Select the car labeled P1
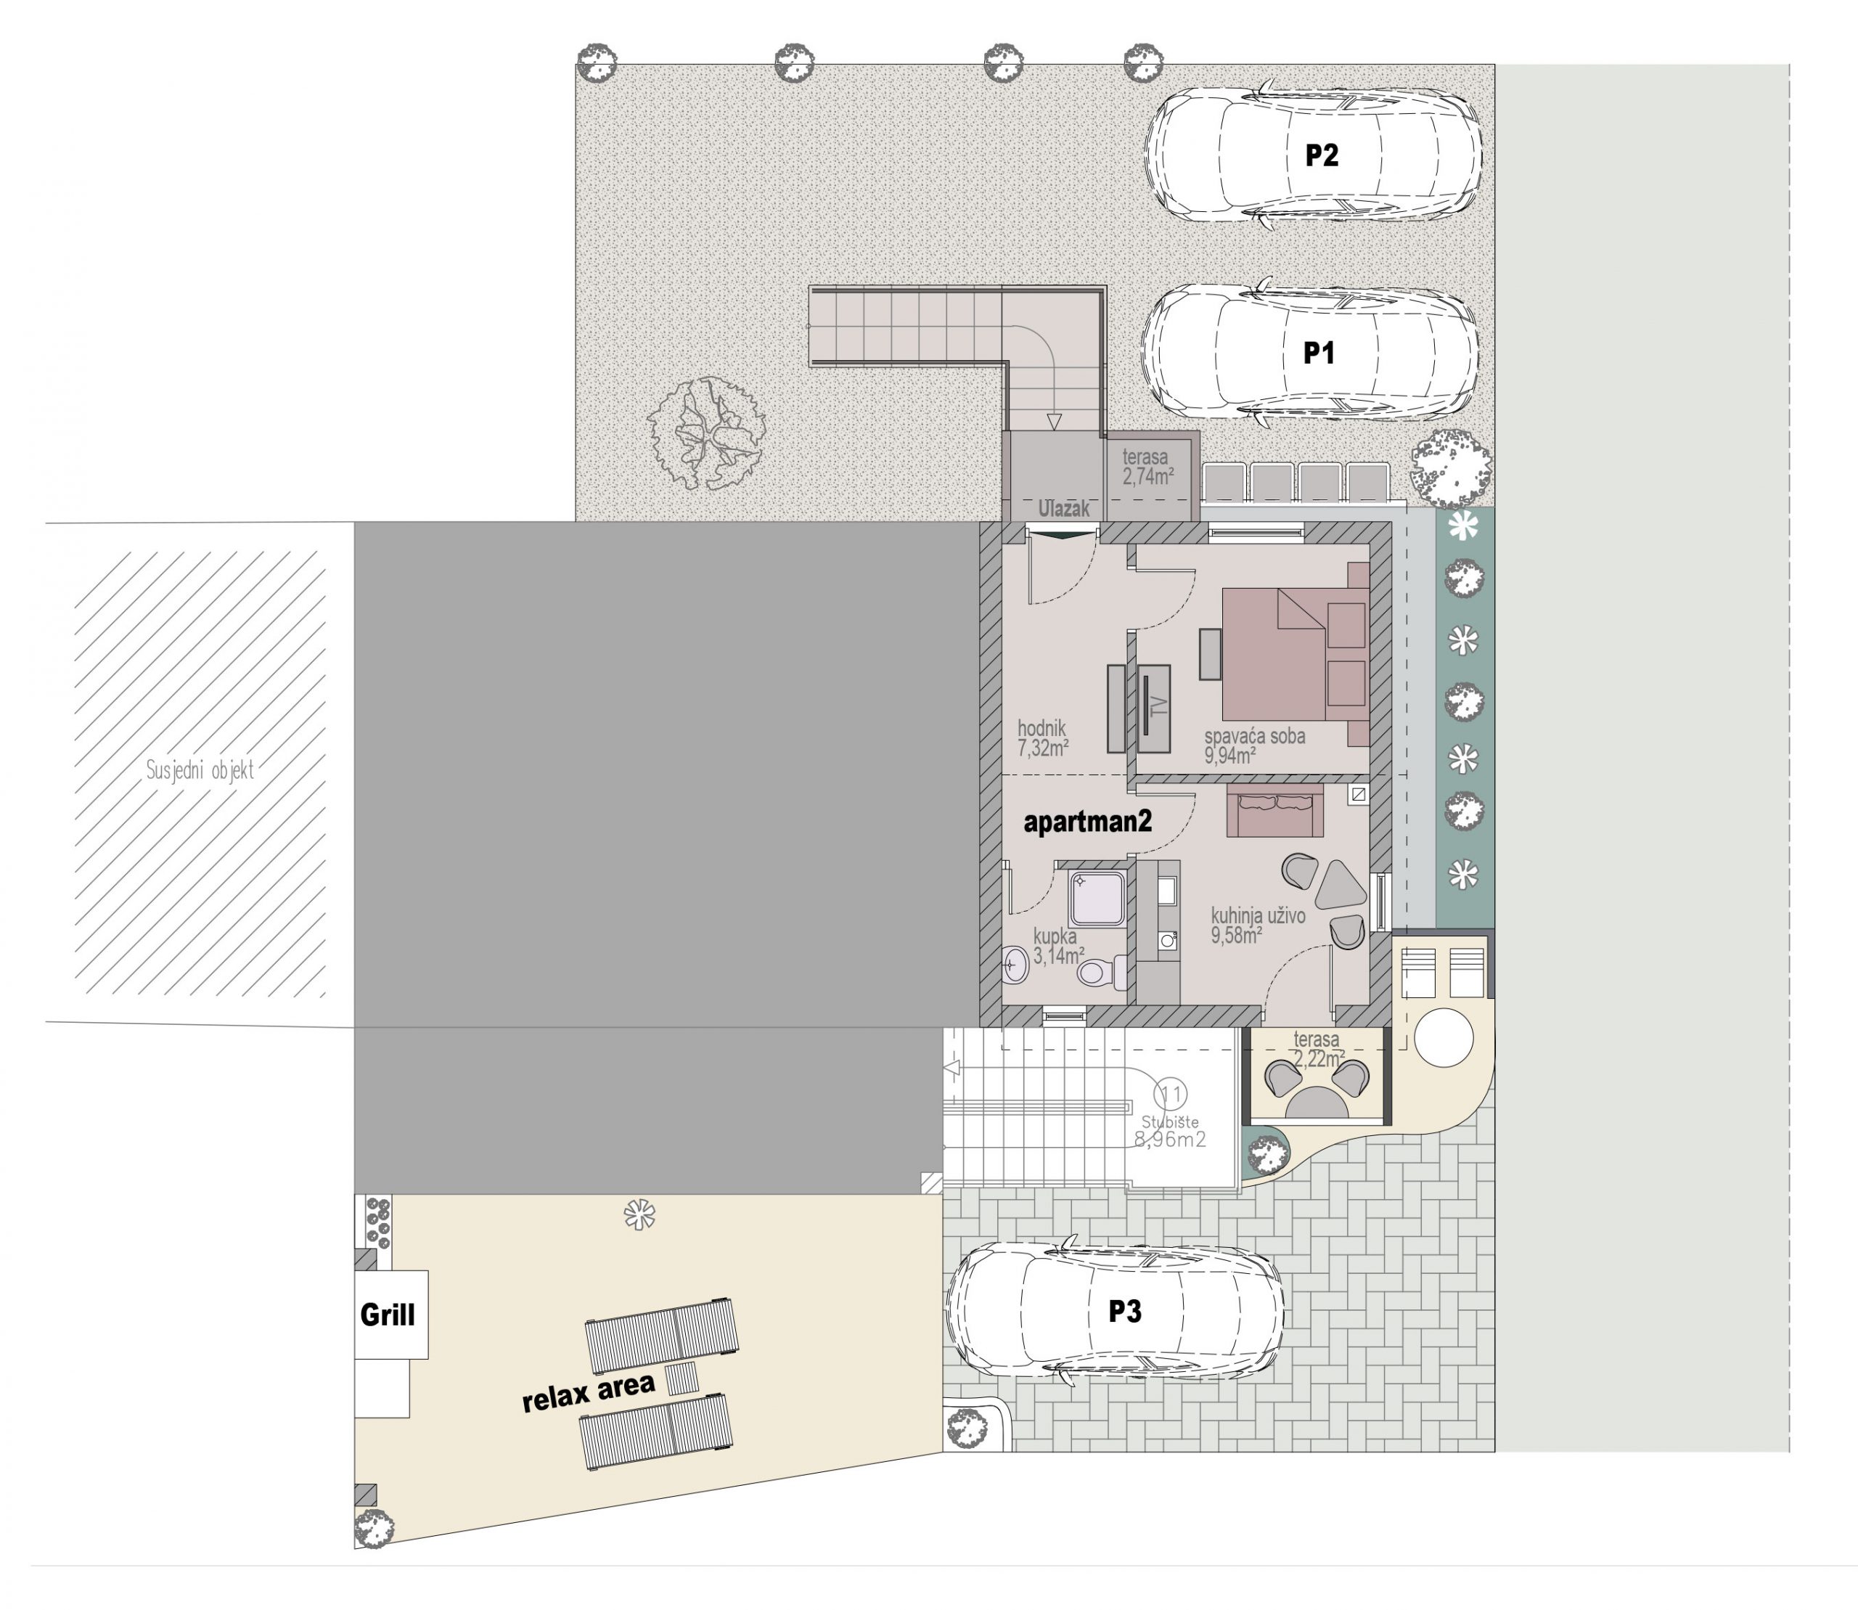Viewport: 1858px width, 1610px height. pos(1309,351)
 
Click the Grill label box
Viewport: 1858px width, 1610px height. pos(390,1315)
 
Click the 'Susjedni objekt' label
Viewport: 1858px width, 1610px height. pos(200,770)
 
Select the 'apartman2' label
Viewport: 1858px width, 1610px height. pos(1088,821)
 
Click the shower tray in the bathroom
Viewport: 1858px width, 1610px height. pos(1095,896)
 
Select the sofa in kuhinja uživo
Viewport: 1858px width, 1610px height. pos(1274,810)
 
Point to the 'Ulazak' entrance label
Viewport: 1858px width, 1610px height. pos(1064,509)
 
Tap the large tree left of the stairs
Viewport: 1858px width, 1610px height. pos(706,432)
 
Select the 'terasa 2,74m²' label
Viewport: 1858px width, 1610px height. pos(1147,467)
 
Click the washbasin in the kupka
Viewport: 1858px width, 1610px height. pos(1015,966)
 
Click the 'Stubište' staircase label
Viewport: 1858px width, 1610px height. pos(1170,1121)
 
